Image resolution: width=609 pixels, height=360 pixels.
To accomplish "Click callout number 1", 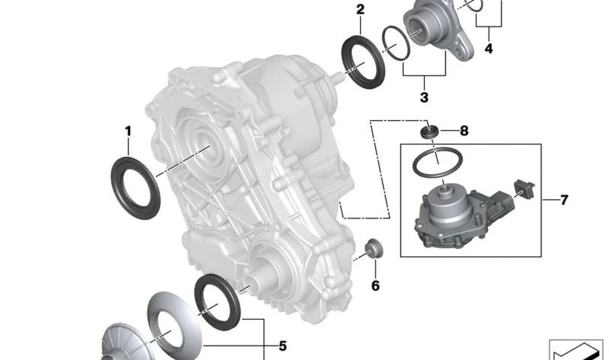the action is pyautogui.click(x=128, y=131).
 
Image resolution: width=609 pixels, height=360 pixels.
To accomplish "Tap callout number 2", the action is pyautogui.click(x=360, y=10).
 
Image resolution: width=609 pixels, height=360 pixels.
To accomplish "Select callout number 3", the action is pyautogui.click(x=424, y=97).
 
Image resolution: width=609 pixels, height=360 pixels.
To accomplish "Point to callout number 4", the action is pyautogui.click(x=489, y=49).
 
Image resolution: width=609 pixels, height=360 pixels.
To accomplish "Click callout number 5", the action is pyautogui.click(x=283, y=346).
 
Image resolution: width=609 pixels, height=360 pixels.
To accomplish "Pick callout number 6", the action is pyautogui.click(x=375, y=286).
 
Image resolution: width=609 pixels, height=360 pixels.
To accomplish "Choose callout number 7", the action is pyautogui.click(x=564, y=200).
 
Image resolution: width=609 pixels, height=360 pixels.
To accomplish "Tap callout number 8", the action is pyautogui.click(x=464, y=131).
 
